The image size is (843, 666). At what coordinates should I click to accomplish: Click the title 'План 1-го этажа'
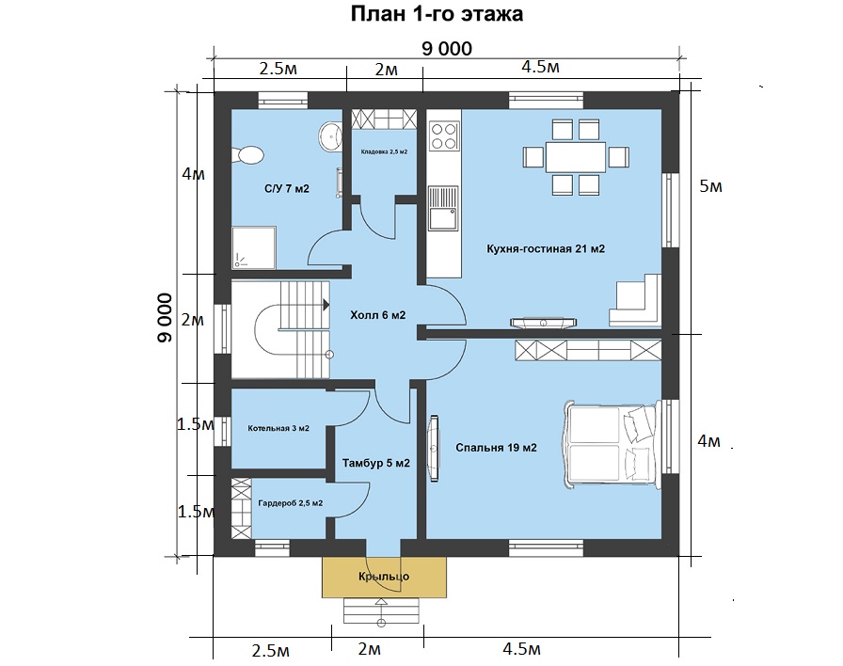tap(437, 14)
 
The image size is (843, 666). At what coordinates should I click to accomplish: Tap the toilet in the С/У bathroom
tap(247, 155)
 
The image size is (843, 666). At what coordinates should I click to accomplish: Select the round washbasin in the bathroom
tap(329, 135)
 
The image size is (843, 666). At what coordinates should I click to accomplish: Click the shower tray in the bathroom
tap(254, 247)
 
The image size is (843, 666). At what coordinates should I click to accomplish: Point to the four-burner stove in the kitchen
tap(444, 136)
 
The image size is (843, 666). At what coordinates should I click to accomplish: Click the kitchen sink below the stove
tap(443, 209)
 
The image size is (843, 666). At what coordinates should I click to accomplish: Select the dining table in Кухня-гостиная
tap(576, 157)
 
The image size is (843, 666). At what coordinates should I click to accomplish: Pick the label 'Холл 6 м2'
tap(377, 315)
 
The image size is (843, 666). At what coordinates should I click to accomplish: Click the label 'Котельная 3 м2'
tap(278, 428)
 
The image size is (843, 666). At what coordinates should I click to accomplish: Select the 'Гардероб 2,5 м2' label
tap(291, 503)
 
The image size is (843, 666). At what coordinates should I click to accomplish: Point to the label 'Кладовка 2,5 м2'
tap(384, 151)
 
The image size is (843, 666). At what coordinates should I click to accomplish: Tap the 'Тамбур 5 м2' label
tap(375, 463)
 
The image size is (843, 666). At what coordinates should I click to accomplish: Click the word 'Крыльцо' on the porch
tap(384, 577)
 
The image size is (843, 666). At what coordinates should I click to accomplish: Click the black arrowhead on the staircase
tap(326, 305)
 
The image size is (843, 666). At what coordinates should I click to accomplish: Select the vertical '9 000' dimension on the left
tap(166, 318)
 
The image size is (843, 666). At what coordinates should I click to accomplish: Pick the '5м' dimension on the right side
tap(710, 186)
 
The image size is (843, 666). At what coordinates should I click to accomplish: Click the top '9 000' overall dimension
tap(447, 48)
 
